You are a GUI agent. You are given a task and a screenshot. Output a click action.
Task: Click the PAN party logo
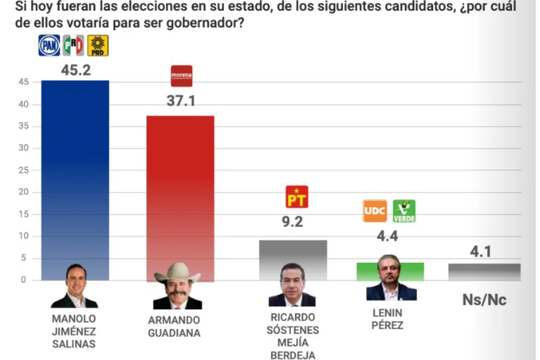tap(48, 45)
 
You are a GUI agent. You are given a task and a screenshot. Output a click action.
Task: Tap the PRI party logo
tap(73, 45)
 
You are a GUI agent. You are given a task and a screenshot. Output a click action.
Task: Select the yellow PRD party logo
tap(98, 46)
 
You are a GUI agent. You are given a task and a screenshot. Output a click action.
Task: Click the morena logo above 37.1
tap(181, 76)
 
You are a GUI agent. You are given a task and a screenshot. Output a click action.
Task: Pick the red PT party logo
tap(297, 197)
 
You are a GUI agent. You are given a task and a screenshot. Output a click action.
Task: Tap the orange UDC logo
tap(375, 211)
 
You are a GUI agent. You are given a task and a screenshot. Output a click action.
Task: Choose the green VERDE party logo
tap(404, 211)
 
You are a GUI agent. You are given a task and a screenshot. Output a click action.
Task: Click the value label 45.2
tap(75, 70)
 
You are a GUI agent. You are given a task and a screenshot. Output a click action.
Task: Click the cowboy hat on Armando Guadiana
tap(177, 271)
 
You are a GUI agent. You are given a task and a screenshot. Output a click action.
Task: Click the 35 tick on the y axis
tap(22, 126)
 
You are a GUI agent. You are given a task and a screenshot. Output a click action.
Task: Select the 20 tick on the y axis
tap(22, 192)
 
